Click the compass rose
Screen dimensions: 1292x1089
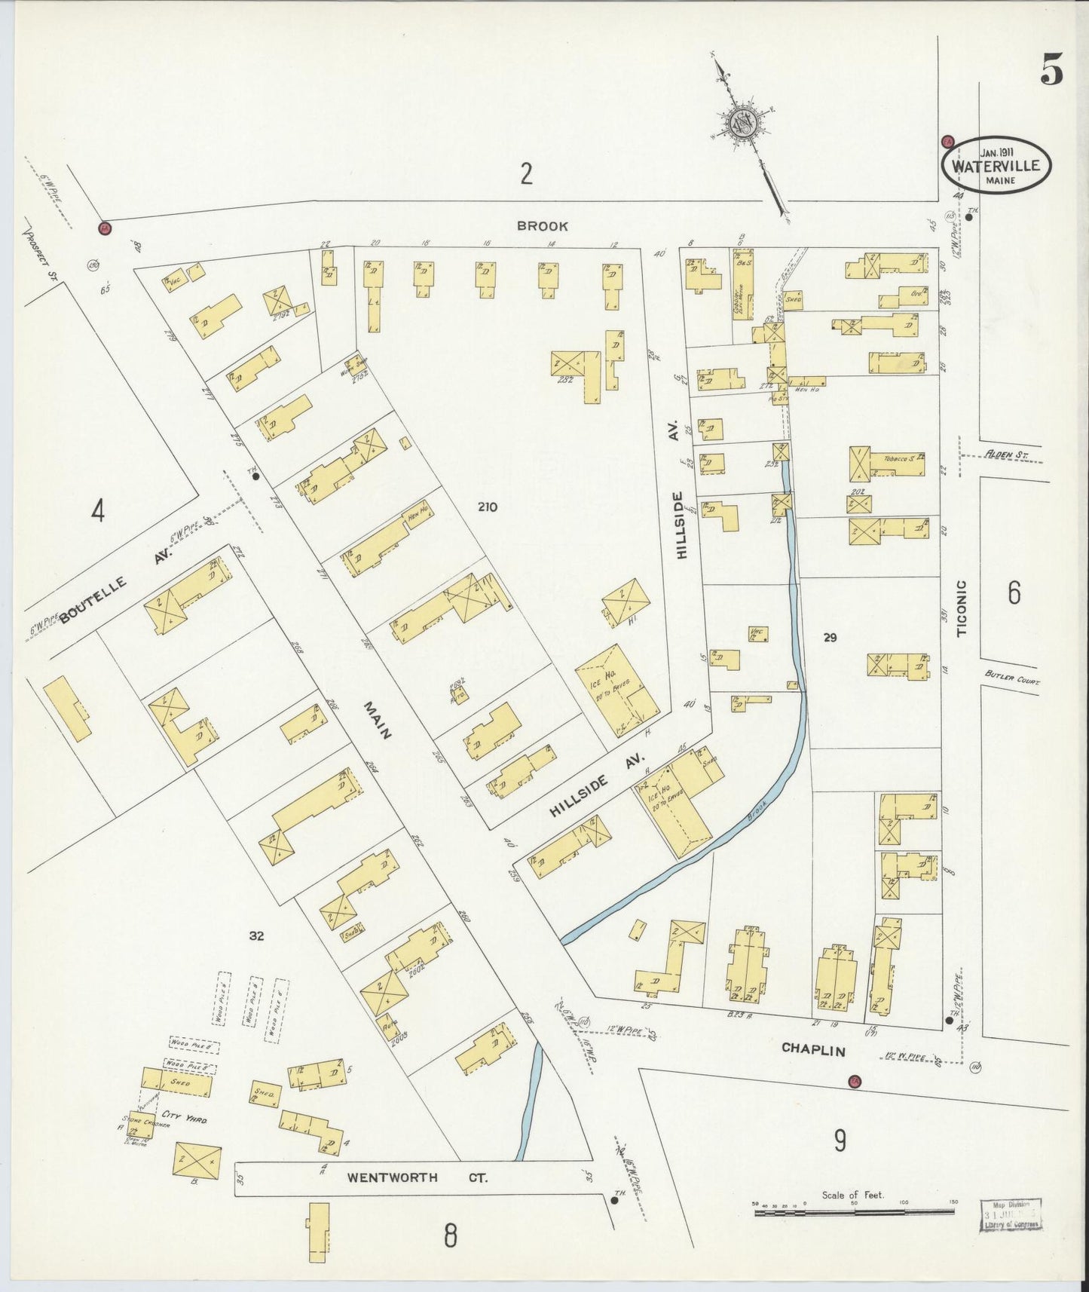click(x=742, y=122)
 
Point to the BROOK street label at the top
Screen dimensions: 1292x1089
click(x=542, y=225)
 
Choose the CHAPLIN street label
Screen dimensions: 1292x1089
click(x=812, y=1049)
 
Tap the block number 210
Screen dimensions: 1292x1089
click(x=487, y=507)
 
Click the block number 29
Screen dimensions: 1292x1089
click(x=830, y=638)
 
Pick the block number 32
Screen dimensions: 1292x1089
click(x=257, y=935)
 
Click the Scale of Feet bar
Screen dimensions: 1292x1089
click(x=853, y=1213)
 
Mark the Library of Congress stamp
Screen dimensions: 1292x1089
click(x=1011, y=1214)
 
